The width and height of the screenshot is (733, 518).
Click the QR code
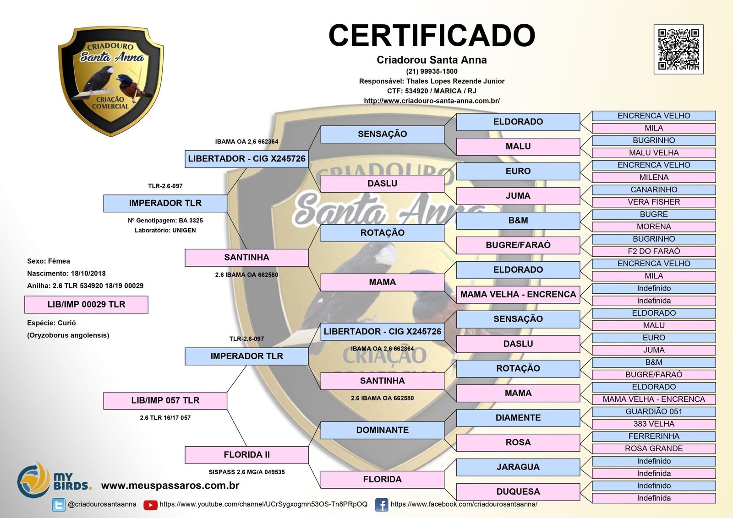678,49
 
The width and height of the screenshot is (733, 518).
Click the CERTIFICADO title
432,35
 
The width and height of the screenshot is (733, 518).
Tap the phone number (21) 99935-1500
432,71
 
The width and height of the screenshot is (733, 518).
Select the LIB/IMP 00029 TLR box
86,304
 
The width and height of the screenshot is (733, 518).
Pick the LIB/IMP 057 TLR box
165,400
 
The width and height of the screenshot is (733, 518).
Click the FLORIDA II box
246,455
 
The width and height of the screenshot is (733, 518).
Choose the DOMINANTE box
382,430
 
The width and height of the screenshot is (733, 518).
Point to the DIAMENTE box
518,418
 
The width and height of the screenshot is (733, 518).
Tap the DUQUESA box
518,492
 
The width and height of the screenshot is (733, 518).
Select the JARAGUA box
518,467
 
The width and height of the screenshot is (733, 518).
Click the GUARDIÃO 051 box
653,412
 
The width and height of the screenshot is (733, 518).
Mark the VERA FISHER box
653,202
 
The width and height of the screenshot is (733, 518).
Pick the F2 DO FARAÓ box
653,251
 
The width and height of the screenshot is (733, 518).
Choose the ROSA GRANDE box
653,449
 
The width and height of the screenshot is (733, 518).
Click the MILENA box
653,178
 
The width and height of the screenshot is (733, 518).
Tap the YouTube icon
150,505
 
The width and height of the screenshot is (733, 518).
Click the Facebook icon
381,505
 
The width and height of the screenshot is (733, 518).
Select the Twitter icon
59,505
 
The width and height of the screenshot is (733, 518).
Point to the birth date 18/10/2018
88,274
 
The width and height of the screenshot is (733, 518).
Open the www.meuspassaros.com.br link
170,486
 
